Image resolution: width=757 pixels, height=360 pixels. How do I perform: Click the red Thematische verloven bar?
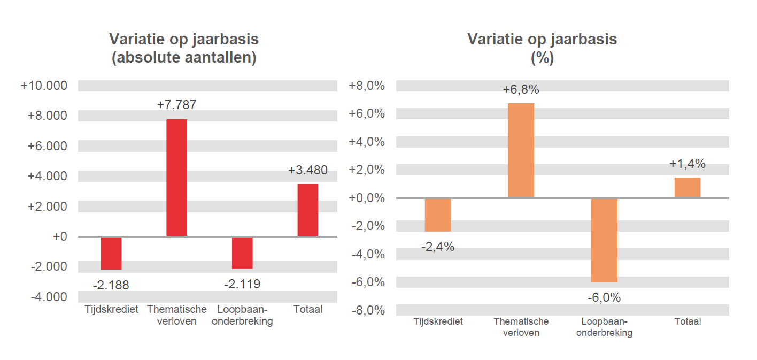click(176, 178)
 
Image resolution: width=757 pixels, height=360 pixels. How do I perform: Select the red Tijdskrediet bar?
click(111, 253)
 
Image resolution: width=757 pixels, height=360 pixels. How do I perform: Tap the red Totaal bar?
click(307, 210)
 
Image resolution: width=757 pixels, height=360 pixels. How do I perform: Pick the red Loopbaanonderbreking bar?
click(242, 252)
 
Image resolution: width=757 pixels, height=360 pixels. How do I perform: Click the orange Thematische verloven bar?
click(521, 150)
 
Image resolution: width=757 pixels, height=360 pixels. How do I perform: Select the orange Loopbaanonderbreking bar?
click(604, 240)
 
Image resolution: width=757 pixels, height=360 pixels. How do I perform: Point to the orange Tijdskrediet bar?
click(438, 215)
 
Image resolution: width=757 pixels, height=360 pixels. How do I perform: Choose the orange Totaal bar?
click(687, 187)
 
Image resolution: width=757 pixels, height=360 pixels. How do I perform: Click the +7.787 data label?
click(176, 105)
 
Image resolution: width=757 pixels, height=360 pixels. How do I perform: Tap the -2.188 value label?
click(111, 285)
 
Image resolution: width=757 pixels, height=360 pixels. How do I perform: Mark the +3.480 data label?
click(307, 171)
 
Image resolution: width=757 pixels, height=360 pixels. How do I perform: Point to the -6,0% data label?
click(604, 298)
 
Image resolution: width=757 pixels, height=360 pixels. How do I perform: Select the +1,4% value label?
click(687, 164)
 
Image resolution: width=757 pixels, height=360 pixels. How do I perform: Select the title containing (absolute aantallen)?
click(184, 49)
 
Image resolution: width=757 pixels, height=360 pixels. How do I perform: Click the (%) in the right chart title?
click(542, 58)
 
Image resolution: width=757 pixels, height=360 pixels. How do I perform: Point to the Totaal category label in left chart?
click(307, 309)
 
